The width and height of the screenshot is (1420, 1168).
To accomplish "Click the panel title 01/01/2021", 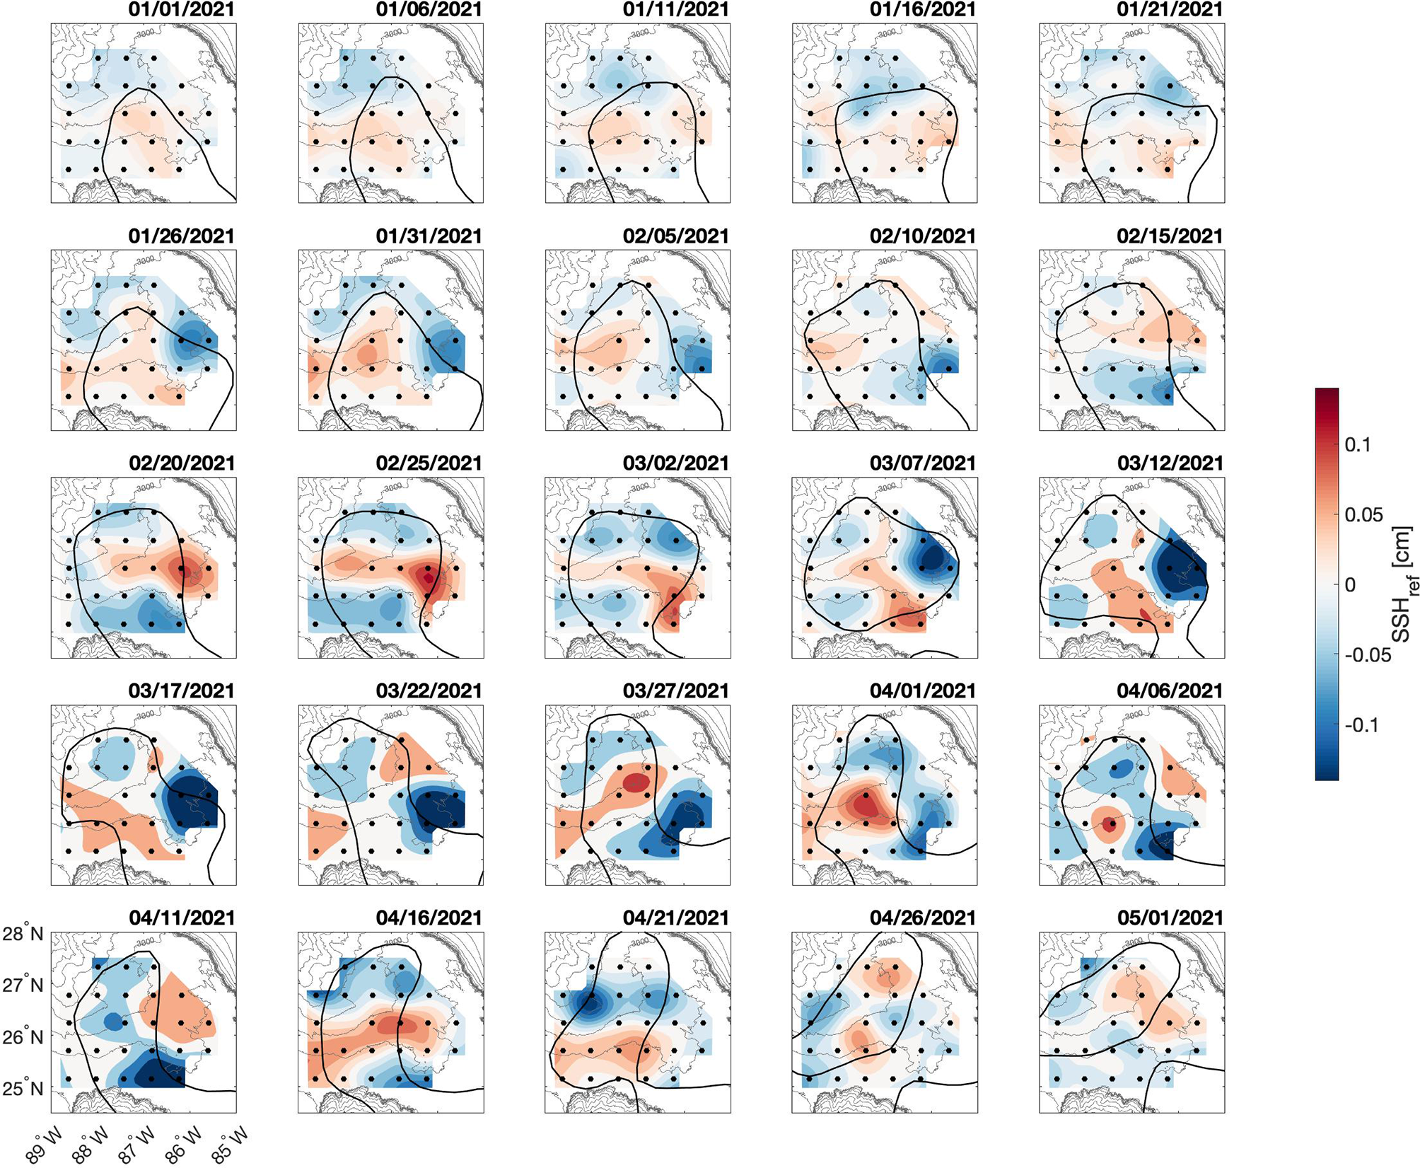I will (x=181, y=10).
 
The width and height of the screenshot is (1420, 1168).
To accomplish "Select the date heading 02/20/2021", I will (x=181, y=463).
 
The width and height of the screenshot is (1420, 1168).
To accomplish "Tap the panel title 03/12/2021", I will (x=1170, y=463).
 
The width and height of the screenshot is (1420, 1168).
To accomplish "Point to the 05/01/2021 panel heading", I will (x=1170, y=918).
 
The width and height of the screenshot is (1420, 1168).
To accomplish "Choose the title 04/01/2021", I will (x=922, y=690).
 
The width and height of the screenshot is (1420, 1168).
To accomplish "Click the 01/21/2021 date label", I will (x=1170, y=10).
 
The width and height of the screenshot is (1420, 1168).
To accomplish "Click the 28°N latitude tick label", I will (x=23, y=934).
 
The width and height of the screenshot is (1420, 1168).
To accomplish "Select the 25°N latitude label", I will (x=23, y=1088).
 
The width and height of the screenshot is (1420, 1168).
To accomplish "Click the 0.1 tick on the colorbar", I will (x=1357, y=445).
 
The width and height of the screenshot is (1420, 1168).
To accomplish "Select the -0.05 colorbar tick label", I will (x=1367, y=655).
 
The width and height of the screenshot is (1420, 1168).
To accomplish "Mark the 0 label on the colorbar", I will (x=1350, y=585).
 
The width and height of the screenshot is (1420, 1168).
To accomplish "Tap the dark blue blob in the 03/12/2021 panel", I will (x=1177, y=566).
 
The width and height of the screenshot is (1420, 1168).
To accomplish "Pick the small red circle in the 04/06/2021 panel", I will (x=1110, y=823).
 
